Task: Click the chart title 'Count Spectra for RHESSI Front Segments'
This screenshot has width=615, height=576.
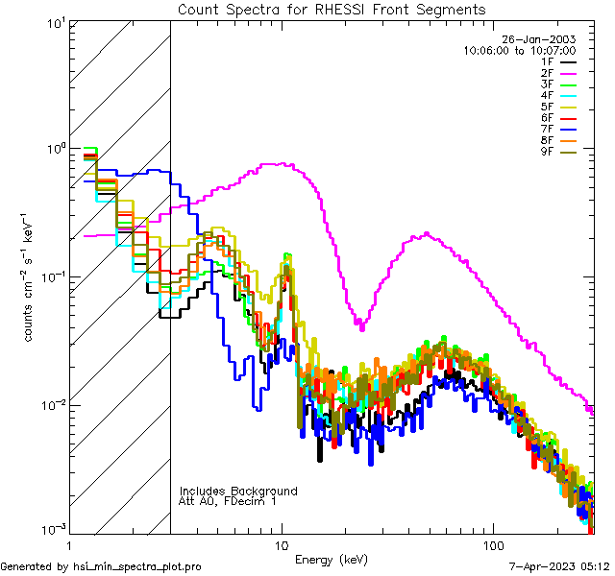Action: click(x=332, y=9)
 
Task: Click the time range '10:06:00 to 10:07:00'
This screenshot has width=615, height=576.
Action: click(x=519, y=50)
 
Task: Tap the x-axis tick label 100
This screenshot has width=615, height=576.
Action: click(x=492, y=544)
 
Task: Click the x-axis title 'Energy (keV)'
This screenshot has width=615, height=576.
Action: click(x=332, y=559)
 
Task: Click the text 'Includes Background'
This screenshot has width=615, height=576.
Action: click(x=238, y=491)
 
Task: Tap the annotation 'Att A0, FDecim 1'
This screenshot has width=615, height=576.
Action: click(x=229, y=501)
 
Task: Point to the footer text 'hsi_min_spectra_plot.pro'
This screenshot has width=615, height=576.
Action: click(x=137, y=566)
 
